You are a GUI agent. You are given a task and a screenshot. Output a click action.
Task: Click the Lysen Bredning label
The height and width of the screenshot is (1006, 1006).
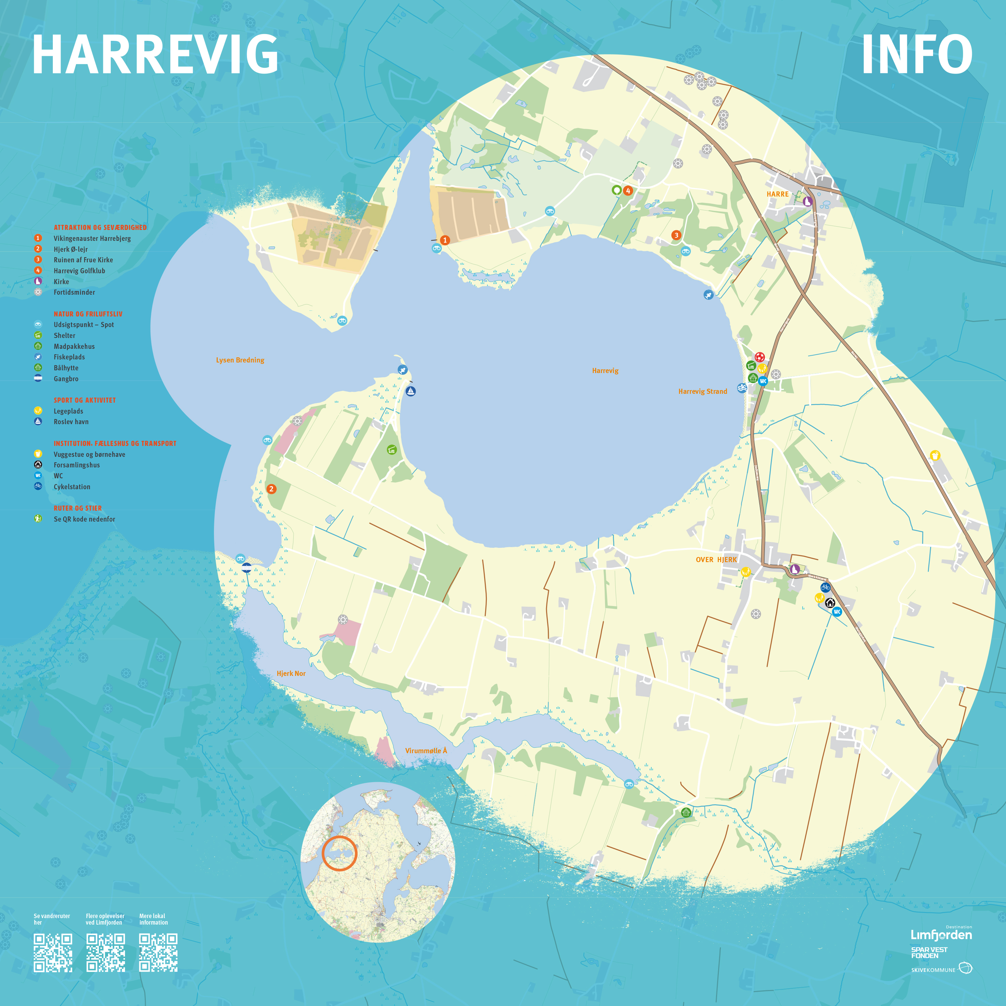click(240, 360)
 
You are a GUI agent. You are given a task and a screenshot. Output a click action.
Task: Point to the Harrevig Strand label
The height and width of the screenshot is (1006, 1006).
click(702, 391)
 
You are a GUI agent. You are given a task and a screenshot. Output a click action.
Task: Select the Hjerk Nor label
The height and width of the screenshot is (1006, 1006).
click(291, 673)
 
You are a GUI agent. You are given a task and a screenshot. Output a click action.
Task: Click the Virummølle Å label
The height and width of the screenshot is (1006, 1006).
click(426, 750)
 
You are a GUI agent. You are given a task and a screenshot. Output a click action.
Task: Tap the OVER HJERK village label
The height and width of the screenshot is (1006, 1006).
click(716, 560)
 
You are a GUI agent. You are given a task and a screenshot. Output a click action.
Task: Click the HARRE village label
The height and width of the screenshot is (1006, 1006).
click(777, 194)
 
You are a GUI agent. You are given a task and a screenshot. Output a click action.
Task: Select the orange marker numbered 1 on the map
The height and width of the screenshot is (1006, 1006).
click(445, 240)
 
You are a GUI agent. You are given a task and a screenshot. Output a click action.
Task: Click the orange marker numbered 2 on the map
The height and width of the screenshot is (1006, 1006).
click(271, 489)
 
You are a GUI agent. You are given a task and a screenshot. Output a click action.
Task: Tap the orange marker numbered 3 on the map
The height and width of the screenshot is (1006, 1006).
click(676, 235)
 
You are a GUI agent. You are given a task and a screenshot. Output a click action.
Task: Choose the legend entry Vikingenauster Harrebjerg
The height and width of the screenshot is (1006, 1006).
click(92, 238)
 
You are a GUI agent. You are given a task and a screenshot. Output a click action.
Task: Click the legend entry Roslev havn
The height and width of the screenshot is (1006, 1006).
click(71, 422)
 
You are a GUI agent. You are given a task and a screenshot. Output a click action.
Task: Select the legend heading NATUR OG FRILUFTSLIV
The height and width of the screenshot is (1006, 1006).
click(88, 314)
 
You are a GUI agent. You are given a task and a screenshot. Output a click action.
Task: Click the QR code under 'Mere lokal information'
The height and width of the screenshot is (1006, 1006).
click(158, 953)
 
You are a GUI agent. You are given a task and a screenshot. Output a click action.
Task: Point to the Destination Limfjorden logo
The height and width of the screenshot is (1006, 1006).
click(941, 934)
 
